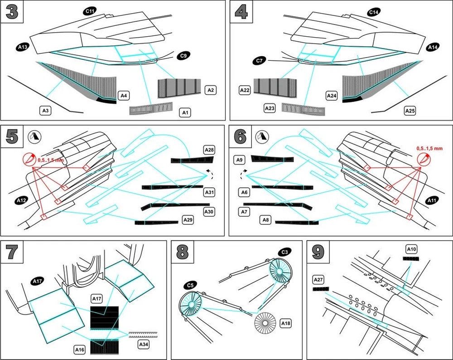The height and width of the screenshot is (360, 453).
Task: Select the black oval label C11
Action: (x=89, y=10)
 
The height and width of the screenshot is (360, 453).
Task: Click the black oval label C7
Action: (x=260, y=60)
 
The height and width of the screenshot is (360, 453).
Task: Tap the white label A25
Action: (x=410, y=110)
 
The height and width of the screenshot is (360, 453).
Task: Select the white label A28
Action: (x=209, y=150)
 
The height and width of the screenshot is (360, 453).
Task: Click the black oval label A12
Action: (x=22, y=199)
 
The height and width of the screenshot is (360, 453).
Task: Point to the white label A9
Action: (x=241, y=159)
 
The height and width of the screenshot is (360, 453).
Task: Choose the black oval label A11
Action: (x=432, y=199)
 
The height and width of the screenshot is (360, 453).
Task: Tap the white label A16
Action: (x=80, y=349)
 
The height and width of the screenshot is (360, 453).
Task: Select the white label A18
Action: (x=286, y=323)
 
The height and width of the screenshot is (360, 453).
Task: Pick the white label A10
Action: (x=411, y=248)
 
